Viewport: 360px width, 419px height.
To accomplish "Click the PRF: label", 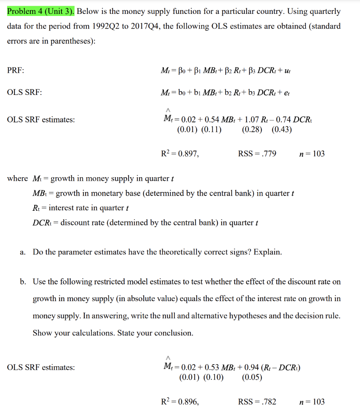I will (x=16, y=70).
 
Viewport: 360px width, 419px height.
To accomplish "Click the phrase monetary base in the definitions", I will (x=117, y=193).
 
